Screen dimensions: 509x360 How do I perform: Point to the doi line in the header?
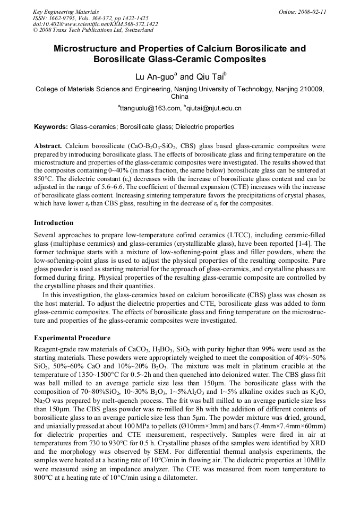tap(95, 24)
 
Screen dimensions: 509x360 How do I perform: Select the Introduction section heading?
tap(54, 223)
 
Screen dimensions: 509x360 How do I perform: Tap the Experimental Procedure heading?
tap(72, 338)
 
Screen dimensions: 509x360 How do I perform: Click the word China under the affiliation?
tap(179, 97)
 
